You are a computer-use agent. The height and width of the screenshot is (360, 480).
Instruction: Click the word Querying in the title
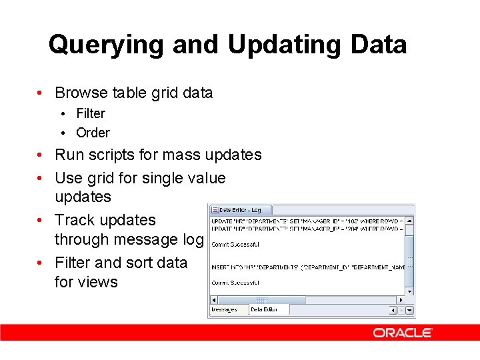pos(106,45)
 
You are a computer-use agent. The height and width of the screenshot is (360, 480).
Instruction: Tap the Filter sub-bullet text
pos(90,113)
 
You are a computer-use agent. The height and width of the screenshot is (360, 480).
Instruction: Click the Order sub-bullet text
pos(93,133)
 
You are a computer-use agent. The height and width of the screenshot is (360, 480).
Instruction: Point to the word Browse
pos(81,93)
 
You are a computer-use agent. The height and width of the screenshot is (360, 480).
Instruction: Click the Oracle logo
pos(403,333)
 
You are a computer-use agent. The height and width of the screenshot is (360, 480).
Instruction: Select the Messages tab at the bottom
pos(225,309)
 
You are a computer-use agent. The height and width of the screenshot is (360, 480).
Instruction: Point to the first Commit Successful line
pos(235,244)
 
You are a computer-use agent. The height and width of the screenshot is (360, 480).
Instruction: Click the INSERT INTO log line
pos(307,267)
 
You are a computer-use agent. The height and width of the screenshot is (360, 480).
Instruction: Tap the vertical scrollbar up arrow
pos(410,220)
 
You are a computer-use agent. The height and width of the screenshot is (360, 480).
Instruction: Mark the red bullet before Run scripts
pos(41,155)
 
